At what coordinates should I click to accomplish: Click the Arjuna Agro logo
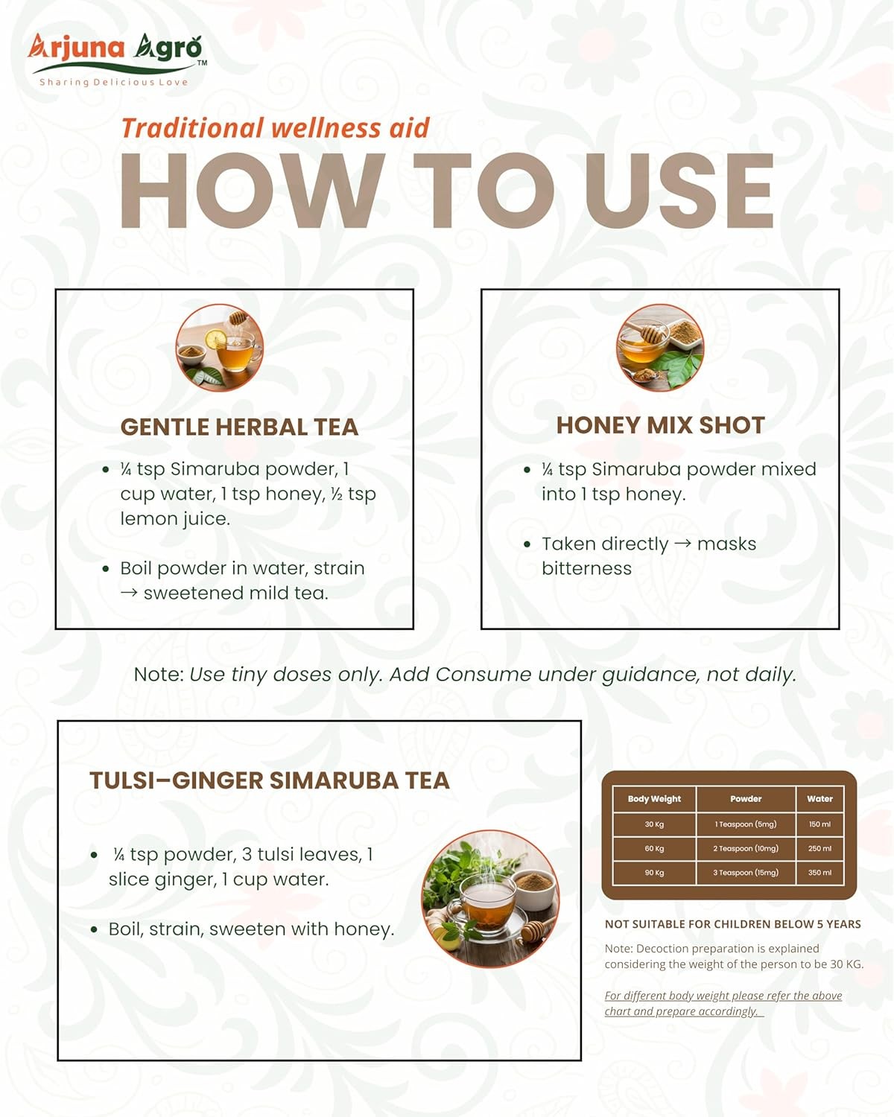click(x=118, y=59)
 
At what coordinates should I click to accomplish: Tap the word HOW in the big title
click(x=253, y=191)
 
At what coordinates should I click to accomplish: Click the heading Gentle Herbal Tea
click(x=239, y=427)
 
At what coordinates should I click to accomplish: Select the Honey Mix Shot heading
click(x=660, y=425)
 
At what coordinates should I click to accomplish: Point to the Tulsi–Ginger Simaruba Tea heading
click(x=270, y=780)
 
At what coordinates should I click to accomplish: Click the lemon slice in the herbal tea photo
click(x=215, y=339)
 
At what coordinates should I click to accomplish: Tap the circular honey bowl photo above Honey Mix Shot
click(x=660, y=347)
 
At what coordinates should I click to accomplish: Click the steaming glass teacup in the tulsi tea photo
click(x=487, y=904)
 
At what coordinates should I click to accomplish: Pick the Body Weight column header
click(x=654, y=799)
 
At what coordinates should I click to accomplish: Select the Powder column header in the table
click(x=746, y=799)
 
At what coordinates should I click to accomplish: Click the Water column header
click(x=819, y=799)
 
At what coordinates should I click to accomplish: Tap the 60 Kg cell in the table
click(x=654, y=848)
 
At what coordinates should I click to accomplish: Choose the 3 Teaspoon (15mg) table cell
click(x=746, y=873)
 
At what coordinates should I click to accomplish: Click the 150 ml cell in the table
click(x=819, y=824)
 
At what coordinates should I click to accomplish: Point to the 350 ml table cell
click(x=819, y=873)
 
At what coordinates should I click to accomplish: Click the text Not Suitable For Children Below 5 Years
click(x=732, y=924)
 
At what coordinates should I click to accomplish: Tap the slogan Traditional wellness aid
click(x=276, y=128)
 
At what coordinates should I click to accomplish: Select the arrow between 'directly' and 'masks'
click(x=682, y=544)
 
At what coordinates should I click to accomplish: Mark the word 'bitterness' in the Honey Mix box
click(x=586, y=568)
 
